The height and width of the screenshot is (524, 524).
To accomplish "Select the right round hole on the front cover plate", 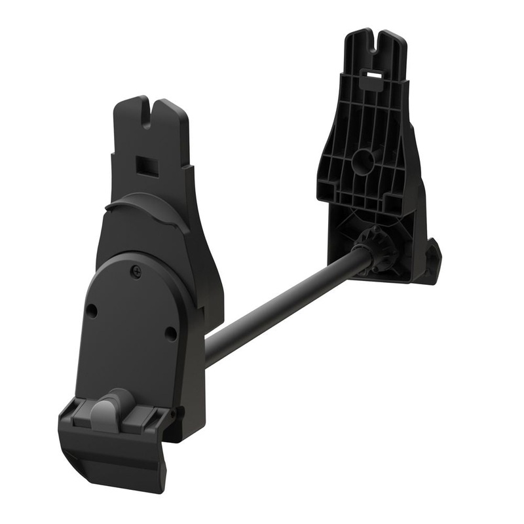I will coord(171,333).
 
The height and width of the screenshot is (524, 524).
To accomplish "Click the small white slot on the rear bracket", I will coord(373,76).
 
